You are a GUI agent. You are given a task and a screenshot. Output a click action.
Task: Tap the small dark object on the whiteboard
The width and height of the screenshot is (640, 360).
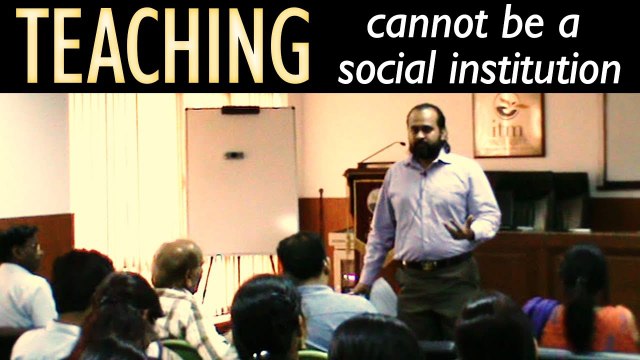(x=234, y=155)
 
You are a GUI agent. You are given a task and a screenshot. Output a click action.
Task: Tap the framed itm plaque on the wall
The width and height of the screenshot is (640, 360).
(x=508, y=126)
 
